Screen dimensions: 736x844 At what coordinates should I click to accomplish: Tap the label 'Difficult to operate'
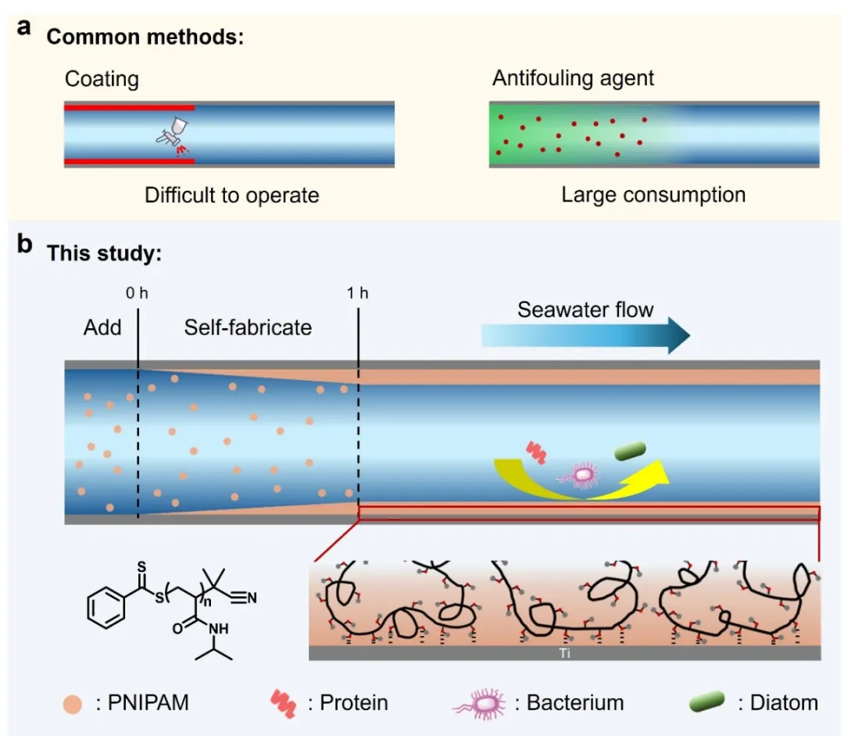[232, 195]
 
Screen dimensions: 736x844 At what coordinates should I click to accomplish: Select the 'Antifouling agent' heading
[574, 78]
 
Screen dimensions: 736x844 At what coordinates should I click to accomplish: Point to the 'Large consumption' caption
[653, 195]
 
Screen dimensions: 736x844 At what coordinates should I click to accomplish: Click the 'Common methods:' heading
[145, 37]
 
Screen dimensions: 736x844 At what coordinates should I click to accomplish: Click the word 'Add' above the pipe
[102, 327]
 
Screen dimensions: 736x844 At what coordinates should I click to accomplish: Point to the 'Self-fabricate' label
[248, 327]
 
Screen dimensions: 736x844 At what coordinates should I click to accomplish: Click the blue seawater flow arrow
[585, 335]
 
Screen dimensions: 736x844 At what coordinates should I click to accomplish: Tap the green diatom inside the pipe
[631, 452]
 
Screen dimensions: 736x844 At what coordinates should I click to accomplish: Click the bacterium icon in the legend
[479, 702]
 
